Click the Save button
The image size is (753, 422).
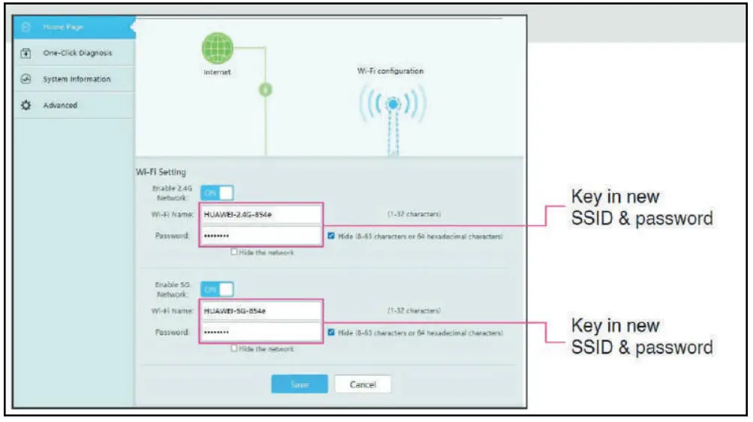[299, 384]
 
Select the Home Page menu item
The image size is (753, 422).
[63, 27]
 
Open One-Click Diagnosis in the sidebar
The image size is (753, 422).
[77, 53]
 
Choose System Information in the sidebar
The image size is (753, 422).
[76, 79]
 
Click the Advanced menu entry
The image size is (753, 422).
[60, 105]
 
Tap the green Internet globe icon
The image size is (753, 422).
[217, 49]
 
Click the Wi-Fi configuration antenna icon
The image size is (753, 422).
[391, 105]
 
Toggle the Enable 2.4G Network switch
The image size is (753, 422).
[217, 193]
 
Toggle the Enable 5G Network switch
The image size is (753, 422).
[217, 289]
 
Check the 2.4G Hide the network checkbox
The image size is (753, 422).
[235, 253]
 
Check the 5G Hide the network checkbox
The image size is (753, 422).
[235, 349]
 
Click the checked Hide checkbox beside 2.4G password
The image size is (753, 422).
[331, 236]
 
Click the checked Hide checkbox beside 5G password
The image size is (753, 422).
[331, 332]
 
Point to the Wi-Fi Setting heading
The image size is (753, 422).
[160, 172]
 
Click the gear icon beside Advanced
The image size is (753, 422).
[25, 105]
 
